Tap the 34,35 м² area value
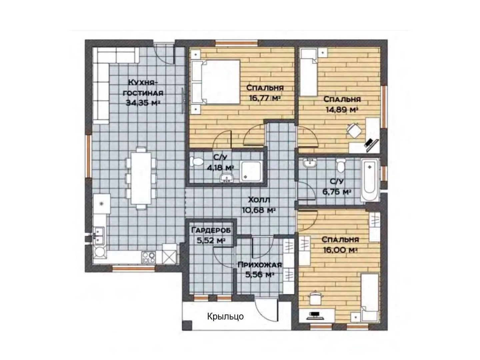(142, 103)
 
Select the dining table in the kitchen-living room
(141, 178)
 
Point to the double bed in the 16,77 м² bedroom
(215, 82)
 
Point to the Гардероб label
(211, 230)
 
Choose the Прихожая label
(260, 265)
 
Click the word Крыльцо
(225, 316)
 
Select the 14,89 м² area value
(342, 109)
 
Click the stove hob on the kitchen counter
(148, 257)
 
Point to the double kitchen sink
(99, 235)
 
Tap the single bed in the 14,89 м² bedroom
(309, 73)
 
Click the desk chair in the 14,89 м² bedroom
(354, 130)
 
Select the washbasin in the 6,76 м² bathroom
(309, 163)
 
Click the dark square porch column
(187, 325)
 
